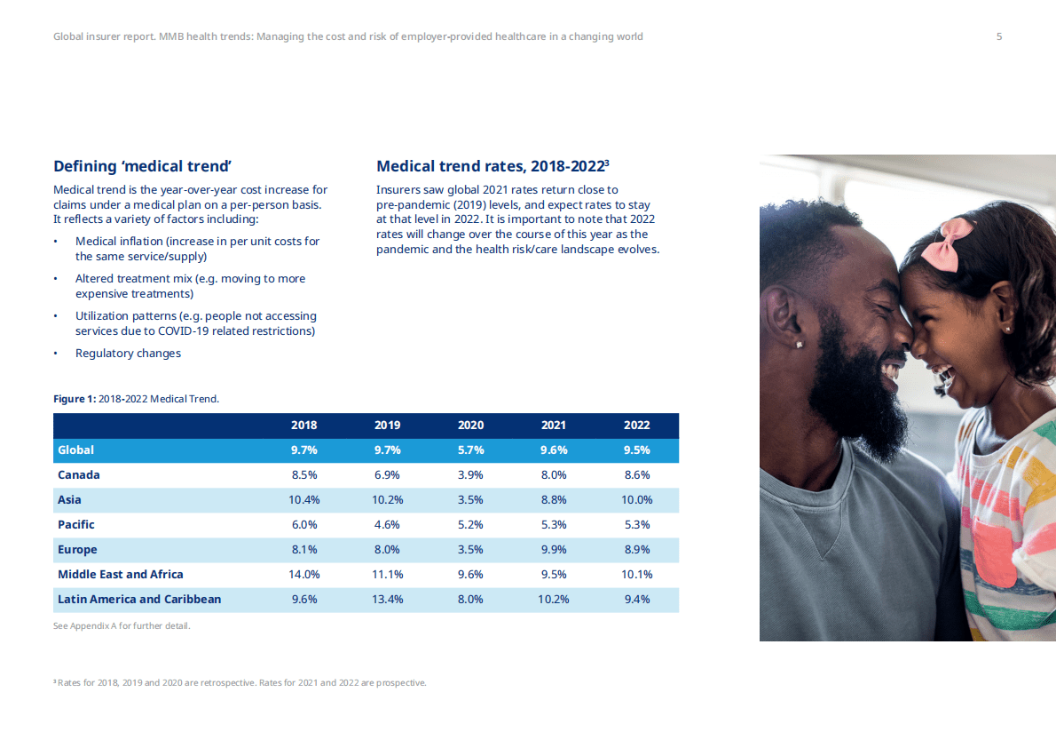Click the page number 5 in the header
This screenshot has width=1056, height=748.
coord(999,36)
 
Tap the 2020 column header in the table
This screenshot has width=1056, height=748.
coord(470,426)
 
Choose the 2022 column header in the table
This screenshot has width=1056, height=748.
coord(636,426)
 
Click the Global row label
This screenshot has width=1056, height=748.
coord(76,450)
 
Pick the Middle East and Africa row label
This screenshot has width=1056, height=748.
coord(121,575)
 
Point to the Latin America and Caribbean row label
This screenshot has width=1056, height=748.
coord(139,600)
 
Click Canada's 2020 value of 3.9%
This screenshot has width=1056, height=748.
coord(470,475)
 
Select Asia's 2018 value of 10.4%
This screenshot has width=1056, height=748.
coord(304,500)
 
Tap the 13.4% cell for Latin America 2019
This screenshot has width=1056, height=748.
coord(388,600)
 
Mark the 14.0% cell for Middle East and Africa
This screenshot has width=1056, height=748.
coord(304,575)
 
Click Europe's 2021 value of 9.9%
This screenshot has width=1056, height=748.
coord(553,550)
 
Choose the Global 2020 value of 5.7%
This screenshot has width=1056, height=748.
coord(470,450)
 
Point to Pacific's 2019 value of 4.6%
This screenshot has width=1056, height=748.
coord(388,525)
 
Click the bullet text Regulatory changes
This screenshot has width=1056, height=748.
coord(128,354)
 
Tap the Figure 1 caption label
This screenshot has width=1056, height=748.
coord(75,399)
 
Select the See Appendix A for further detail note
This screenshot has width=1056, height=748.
coord(122,626)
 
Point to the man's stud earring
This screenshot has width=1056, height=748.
coord(800,344)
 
